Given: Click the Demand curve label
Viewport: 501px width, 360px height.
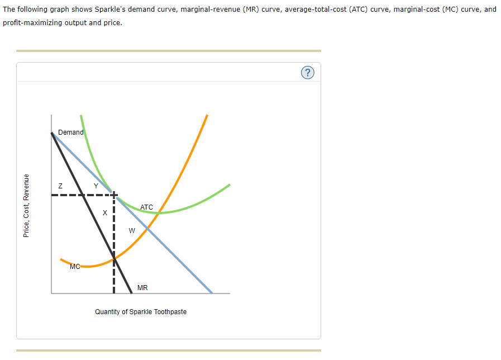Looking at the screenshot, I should pyautogui.click(x=70, y=132).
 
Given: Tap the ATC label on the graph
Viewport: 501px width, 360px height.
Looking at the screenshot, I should pyautogui.click(x=146, y=207).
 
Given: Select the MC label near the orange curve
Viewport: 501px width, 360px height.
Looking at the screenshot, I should pyautogui.click(x=75, y=266).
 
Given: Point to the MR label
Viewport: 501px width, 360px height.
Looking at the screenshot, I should pyautogui.click(x=142, y=288).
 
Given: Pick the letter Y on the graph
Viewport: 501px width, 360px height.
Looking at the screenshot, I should pyautogui.click(x=96, y=186).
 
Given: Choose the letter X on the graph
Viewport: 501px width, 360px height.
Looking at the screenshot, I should pyautogui.click(x=104, y=213).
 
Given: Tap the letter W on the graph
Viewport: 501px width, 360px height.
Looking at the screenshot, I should pyautogui.click(x=132, y=230).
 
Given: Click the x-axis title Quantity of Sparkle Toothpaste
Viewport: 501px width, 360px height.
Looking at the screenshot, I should pyautogui.click(x=141, y=311).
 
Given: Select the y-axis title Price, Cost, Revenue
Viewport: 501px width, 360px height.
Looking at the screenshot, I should pyautogui.click(x=26, y=206).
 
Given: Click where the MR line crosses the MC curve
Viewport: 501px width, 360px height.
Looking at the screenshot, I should pyautogui.click(x=114, y=259).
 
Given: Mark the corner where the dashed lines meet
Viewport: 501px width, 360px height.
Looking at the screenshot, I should pyautogui.click(x=114, y=195).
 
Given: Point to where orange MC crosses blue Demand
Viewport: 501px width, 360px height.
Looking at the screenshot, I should pyautogui.click(x=147, y=227).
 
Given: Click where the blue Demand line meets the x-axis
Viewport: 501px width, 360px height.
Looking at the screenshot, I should pyautogui.click(x=212, y=293).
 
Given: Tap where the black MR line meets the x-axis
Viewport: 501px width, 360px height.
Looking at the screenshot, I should pyautogui.click(x=132, y=293).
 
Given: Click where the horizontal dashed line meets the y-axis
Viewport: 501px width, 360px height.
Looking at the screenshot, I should pyautogui.click(x=51, y=195).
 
